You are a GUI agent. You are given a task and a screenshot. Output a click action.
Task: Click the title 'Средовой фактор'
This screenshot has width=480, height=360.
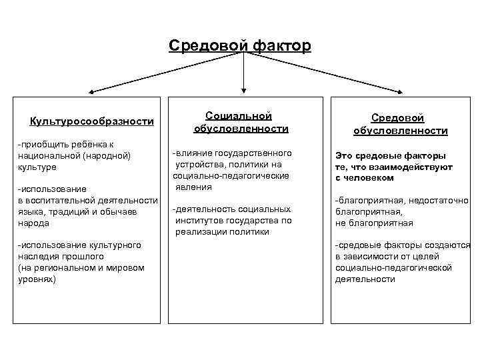(x=239, y=45)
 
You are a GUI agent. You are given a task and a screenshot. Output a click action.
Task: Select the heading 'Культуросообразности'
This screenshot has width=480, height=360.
(x=92, y=121)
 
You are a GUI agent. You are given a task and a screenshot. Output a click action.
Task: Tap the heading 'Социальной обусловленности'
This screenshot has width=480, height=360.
(x=240, y=121)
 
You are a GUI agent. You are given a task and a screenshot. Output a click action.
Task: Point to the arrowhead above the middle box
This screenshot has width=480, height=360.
(x=243, y=87)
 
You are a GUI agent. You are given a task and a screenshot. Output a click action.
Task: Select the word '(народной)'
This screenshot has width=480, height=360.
(x=105, y=155)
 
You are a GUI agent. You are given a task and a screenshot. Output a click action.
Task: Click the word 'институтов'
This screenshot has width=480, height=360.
(x=199, y=220)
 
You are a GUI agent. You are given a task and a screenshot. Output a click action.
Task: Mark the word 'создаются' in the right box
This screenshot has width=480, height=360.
(x=451, y=245)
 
